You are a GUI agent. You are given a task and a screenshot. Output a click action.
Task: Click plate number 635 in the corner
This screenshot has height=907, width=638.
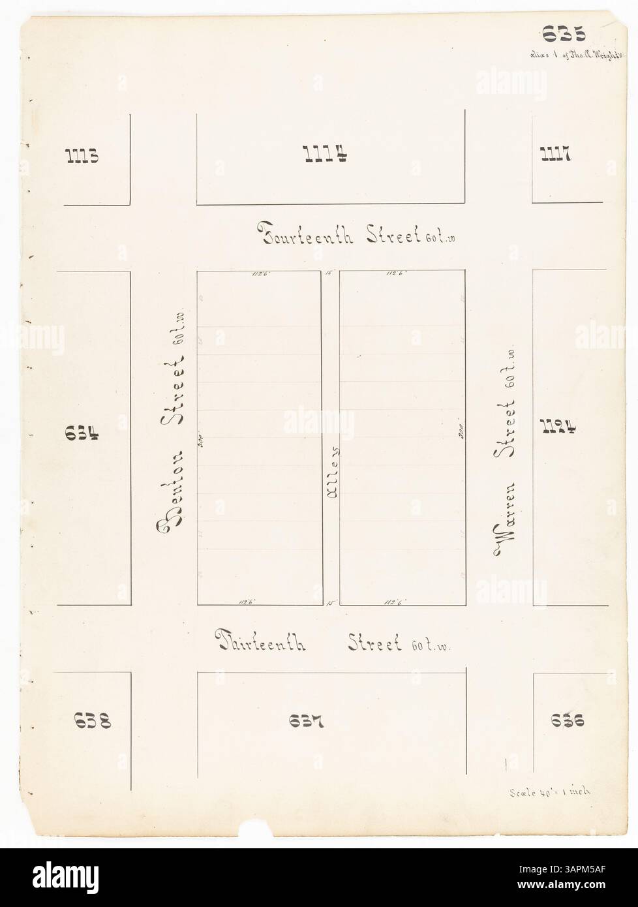[x=562, y=33]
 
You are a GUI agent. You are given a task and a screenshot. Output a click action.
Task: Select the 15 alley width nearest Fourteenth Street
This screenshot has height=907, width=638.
[x=330, y=274]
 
